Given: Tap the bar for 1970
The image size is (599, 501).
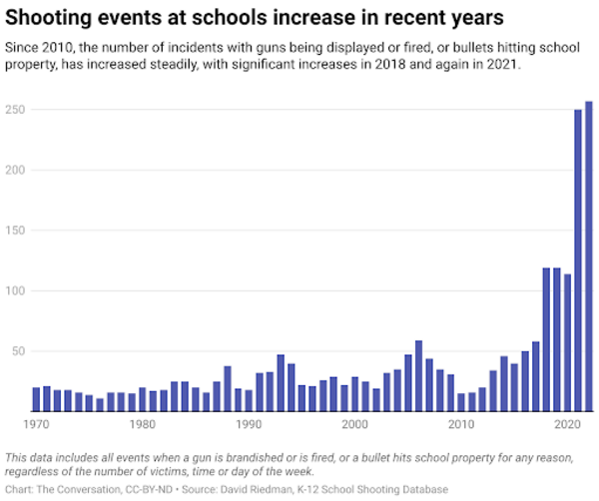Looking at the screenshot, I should pos(36,399).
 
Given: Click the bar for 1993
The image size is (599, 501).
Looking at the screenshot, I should pos(281,383).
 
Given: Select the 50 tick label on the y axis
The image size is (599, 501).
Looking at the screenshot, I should pos(16,351).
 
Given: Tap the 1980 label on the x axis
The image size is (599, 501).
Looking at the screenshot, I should pos(142,425).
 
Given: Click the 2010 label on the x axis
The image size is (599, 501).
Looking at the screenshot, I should pos(461,425).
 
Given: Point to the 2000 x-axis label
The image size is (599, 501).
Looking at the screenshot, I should pos(354,425).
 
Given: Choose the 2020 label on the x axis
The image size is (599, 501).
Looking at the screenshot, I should pos(567,425).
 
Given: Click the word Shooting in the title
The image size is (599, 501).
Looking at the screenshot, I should pos(50,17).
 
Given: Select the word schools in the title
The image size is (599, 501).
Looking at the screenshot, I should pos(206,17).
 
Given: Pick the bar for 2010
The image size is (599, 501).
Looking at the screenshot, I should pos(461,402).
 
